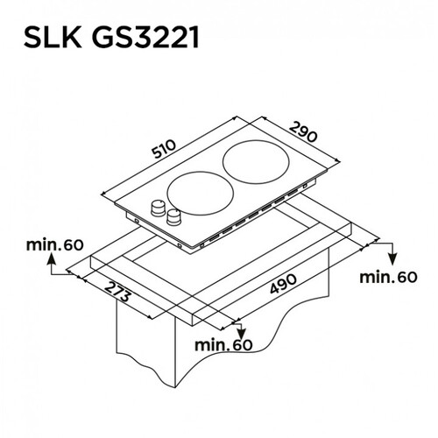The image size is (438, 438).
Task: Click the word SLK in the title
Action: point(53,38)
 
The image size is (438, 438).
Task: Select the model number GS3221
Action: point(146,38)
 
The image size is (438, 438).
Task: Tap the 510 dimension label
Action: point(164,149)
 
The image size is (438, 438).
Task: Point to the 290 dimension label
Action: point(304,132)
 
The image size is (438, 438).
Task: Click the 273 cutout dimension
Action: point(117,292)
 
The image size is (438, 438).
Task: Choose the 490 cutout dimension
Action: point(283,284)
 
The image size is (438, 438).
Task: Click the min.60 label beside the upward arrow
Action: point(54,245)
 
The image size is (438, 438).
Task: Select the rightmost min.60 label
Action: point(388,277)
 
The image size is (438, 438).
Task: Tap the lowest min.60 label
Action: point(223,345)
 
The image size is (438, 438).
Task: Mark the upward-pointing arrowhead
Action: point(52,258)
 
